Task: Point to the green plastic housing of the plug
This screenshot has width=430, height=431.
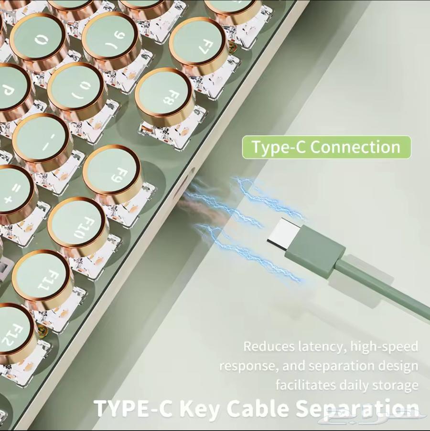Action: (315, 253)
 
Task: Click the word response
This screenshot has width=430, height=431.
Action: (248, 366)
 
